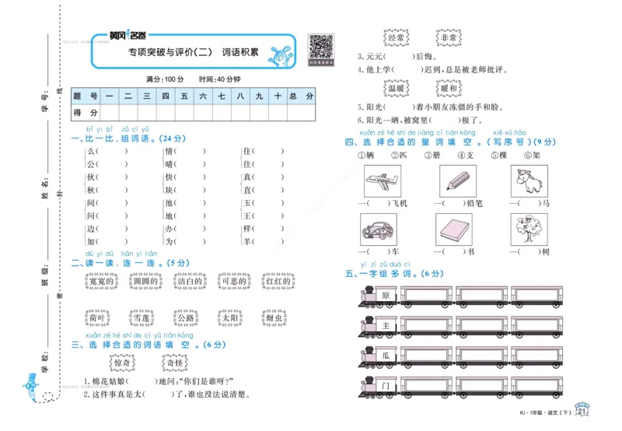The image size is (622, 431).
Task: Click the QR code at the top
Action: click(321, 47)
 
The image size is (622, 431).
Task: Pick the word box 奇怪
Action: click(173, 363)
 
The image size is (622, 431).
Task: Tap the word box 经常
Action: click(396, 37)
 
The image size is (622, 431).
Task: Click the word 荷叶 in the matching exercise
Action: click(97, 318)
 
